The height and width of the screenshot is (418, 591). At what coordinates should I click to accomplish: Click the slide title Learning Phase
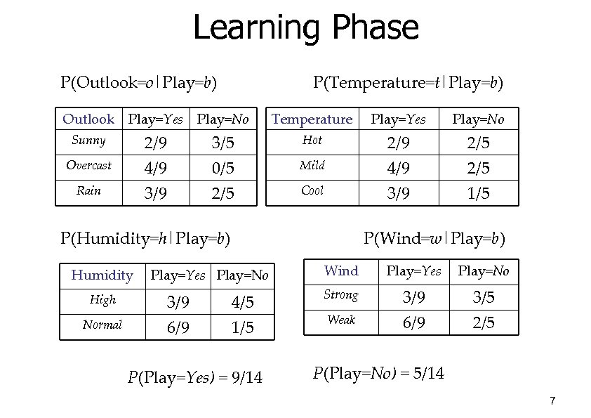pos(305,28)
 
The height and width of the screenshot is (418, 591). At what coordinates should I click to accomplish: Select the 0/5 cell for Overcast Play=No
pos(223,168)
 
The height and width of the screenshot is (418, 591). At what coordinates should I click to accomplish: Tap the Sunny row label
pos(88,141)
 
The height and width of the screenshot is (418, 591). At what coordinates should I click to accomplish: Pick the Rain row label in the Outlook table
pos(88,190)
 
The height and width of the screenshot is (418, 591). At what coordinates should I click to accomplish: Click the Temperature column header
pos(312,119)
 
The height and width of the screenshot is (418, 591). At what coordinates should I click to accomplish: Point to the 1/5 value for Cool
pos(479,193)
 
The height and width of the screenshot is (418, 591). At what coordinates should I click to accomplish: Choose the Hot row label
pos(312,141)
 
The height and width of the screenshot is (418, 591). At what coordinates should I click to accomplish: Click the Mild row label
pos(312,166)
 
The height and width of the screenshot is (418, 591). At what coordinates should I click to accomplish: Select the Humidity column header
pos(102,275)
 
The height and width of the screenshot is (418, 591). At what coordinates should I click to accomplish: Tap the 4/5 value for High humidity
pos(241,303)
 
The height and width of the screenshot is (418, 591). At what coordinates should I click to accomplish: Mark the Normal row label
pos(102,325)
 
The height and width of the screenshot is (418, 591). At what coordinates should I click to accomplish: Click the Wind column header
pos(341,271)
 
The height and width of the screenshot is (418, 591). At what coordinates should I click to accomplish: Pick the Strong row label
pos(341,295)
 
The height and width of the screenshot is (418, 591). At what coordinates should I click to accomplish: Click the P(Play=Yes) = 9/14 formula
pos(195,378)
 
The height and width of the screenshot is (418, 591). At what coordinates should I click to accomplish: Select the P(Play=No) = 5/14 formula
pos(378,372)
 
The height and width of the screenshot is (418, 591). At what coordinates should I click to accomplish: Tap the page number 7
pos(552,401)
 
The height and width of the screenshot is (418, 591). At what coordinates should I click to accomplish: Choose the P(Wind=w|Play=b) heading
pos(434,239)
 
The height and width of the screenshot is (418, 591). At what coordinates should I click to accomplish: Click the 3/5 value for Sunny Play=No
pos(223,143)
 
